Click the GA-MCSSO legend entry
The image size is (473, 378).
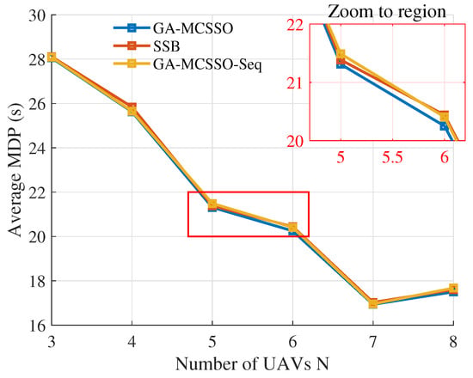click(173, 28)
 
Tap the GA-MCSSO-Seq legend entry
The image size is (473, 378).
click(187, 64)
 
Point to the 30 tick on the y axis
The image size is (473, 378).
click(39, 15)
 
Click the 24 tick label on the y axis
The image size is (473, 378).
click(39, 148)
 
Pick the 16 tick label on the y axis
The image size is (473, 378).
click(39, 326)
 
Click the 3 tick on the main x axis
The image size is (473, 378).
click(52, 343)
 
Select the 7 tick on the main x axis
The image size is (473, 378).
click(373, 343)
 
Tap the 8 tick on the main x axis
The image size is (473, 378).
click(453, 343)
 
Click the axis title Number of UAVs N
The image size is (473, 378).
click(252, 364)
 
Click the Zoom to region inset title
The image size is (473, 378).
click(387, 12)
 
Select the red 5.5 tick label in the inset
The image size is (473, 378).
click(392, 157)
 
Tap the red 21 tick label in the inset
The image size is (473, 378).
click(296, 82)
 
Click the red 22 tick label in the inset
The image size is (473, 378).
click(296, 25)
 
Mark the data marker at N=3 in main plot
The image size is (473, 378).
click(52, 57)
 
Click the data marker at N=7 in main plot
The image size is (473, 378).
click(373, 303)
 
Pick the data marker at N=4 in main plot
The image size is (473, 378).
click(132, 109)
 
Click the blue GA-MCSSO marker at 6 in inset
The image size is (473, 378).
click(444, 126)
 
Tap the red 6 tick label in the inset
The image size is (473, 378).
click(444, 157)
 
